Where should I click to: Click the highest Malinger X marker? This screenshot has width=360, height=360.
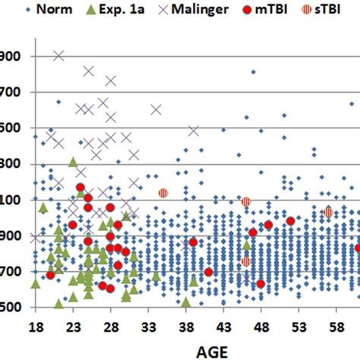click(x=58, y=55)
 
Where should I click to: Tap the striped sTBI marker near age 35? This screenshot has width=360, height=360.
click(x=163, y=193)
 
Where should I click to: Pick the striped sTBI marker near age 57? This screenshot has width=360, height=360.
click(x=328, y=213)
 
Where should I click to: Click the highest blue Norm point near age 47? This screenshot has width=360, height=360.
click(x=253, y=72)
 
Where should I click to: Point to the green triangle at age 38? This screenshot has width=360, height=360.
click(x=186, y=302)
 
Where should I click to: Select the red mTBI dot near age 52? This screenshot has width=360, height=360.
click(x=290, y=221)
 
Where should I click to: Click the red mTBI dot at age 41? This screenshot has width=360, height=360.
click(x=208, y=272)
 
